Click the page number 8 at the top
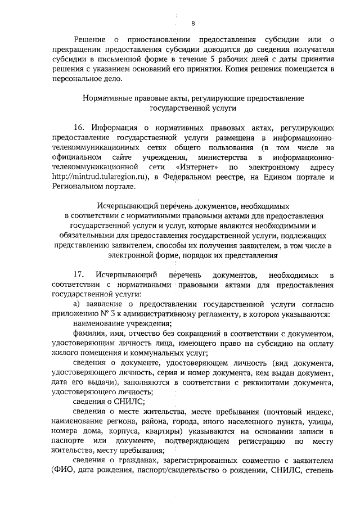pos(192,23)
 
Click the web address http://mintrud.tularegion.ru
pos(100,178)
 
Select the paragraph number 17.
pos(79,274)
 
